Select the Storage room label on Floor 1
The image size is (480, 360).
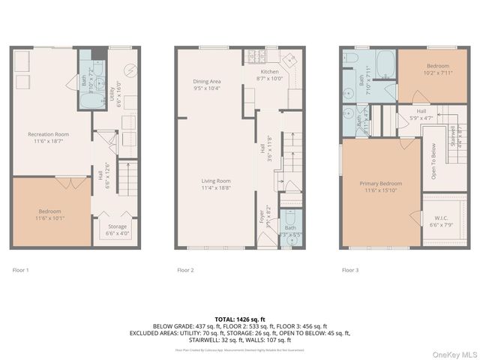tap(117, 226)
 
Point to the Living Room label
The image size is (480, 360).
tap(215, 181)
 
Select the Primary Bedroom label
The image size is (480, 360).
tap(381, 184)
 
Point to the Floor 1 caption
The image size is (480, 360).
tap(21, 269)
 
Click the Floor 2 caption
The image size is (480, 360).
tap(185, 269)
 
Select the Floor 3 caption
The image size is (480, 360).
tap(350, 269)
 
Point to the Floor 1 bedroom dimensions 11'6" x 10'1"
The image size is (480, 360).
tap(50, 220)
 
